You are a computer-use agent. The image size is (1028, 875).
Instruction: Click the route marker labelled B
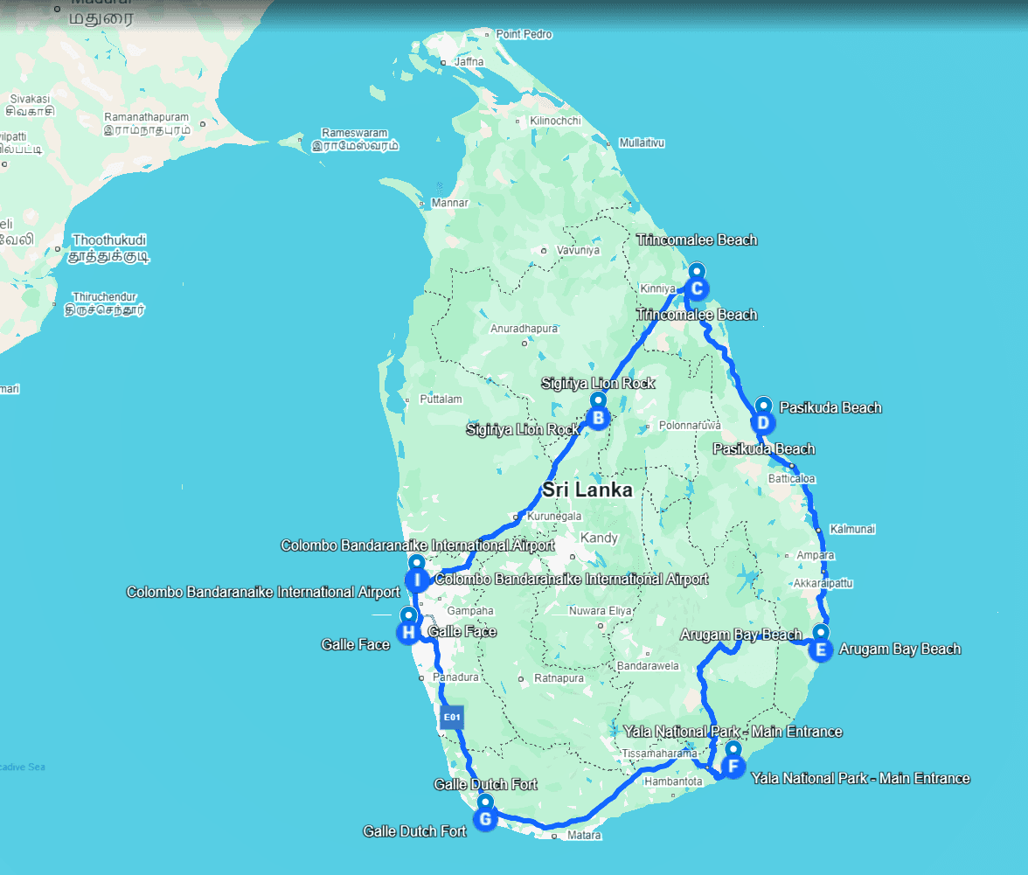click(x=599, y=419)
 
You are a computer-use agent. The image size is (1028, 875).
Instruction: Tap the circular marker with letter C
click(x=697, y=288)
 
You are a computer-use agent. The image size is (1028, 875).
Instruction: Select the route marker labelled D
click(x=763, y=423)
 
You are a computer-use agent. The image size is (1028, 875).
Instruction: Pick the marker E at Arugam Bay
click(x=821, y=649)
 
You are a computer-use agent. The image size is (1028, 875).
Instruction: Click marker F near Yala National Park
click(x=733, y=767)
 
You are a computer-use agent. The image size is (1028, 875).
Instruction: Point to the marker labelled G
click(x=484, y=819)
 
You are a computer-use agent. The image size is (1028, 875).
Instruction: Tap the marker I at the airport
click(x=417, y=579)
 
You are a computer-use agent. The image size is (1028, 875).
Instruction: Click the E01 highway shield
click(x=451, y=718)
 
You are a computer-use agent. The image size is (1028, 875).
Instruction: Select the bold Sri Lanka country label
click(x=587, y=490)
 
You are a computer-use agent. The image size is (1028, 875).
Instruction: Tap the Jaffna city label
click(x=469, y=62)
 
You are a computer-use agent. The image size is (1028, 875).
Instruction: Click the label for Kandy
click(x=599, y=538)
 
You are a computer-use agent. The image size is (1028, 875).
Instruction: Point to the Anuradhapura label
click(x=524, y=329)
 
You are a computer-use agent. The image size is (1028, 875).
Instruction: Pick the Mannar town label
click(x=450, y=203)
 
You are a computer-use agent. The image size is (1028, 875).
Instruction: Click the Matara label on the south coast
click(x=584, y=836)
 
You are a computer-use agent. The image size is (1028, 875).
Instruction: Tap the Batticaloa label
click(x=792, y=479)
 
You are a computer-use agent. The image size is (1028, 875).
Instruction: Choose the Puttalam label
click(x=441, y=399)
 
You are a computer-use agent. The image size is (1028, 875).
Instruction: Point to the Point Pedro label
click(x=524, y=34)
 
